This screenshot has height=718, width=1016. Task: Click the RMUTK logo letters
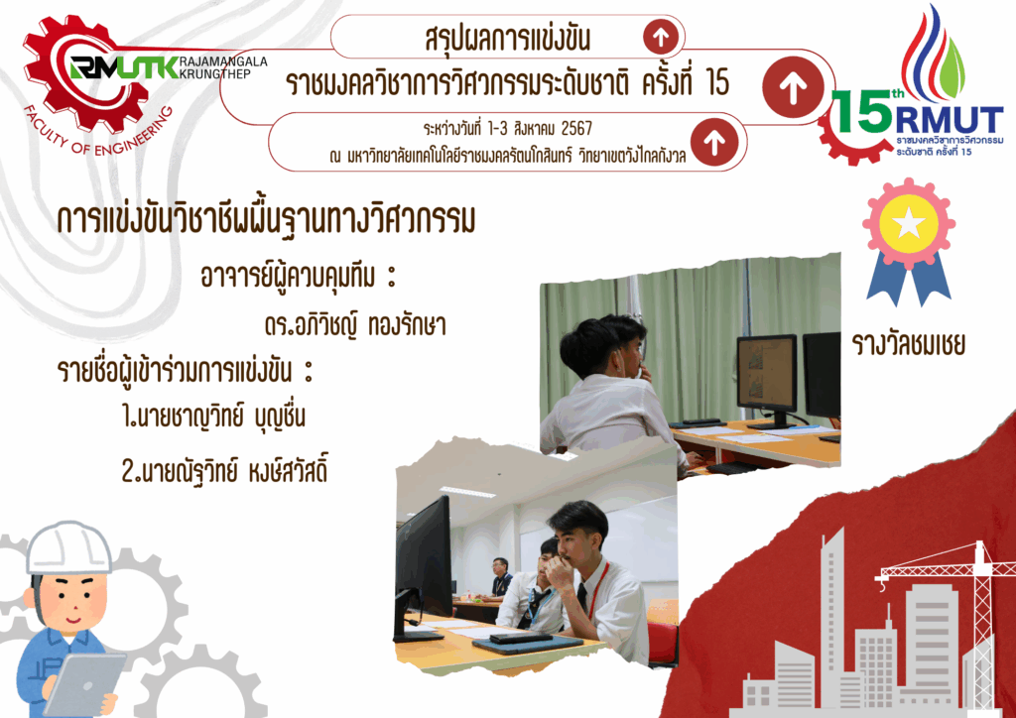(x=124, y=67)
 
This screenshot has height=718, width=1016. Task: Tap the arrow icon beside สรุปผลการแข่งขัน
(x=661, y=38)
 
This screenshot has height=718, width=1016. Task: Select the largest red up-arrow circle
(x=793, y=87)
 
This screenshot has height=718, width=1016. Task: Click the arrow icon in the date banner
(x=714, y=142)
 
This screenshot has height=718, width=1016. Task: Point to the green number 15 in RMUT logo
(x=861, y=111)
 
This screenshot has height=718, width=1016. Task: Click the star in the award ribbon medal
(x=909, y=224)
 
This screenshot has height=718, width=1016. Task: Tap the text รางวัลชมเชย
(x=909, y=344)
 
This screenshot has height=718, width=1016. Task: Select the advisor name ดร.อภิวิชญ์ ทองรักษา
(x=355, y=324)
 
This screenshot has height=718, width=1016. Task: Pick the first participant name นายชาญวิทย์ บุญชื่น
(x=214, y=417)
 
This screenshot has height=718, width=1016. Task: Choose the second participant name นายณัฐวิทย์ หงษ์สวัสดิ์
(x=224, y=471)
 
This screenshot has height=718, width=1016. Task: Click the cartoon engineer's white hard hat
(x=68, y=547)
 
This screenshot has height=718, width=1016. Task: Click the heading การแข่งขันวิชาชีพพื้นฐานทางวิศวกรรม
(x=266, y=220)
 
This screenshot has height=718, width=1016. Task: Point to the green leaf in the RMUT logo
(x=952, y=70)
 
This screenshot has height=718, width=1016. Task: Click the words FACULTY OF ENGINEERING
(x=97, y=133)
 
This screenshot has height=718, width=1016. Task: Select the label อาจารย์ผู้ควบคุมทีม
(x=298, y=277)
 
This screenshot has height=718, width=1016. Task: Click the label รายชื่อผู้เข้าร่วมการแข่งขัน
(x=186, y=371)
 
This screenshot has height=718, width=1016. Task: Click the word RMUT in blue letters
(x=950, y=120)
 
